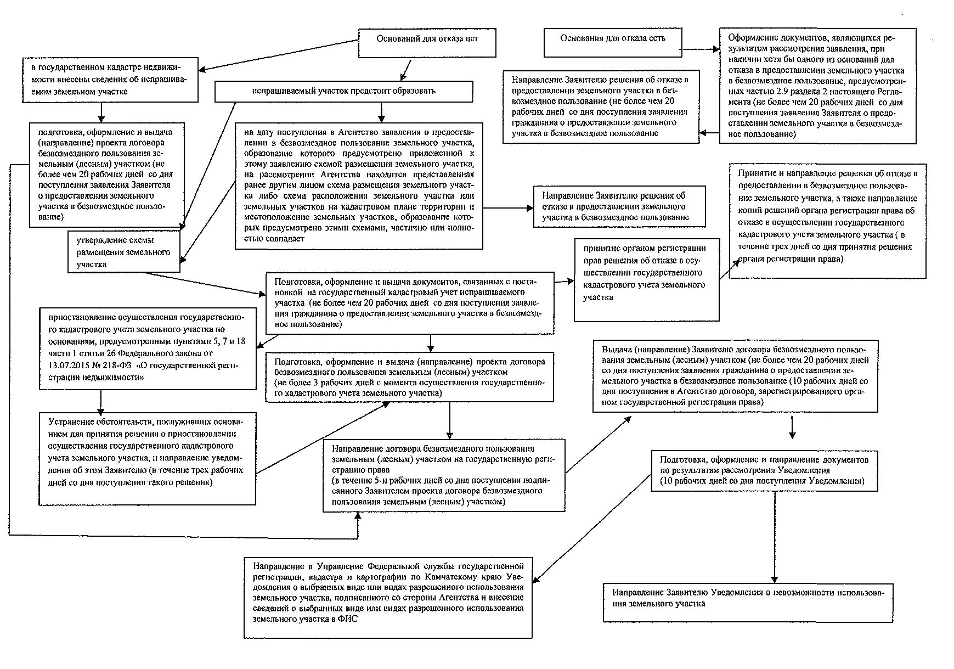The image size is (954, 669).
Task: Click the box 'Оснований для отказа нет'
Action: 427,42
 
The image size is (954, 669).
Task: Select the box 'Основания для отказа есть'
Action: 612,42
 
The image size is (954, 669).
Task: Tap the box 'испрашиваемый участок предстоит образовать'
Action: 343,91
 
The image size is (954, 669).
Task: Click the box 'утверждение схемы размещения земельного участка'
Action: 124,252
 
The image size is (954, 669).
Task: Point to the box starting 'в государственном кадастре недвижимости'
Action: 110,80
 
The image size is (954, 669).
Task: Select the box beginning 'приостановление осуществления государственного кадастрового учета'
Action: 148,348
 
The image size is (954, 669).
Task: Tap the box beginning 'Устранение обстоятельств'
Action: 148,458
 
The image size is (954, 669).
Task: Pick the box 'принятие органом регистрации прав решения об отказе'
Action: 646,279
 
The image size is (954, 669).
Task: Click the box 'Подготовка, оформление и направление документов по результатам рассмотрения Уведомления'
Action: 764,470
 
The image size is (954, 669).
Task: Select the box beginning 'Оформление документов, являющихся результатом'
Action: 817,86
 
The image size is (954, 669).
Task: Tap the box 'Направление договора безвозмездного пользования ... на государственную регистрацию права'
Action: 444,475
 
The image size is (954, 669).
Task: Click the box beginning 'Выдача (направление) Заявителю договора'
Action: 735,376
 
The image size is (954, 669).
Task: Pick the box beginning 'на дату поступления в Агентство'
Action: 359,185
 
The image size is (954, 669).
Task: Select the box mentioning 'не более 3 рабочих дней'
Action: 409,377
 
